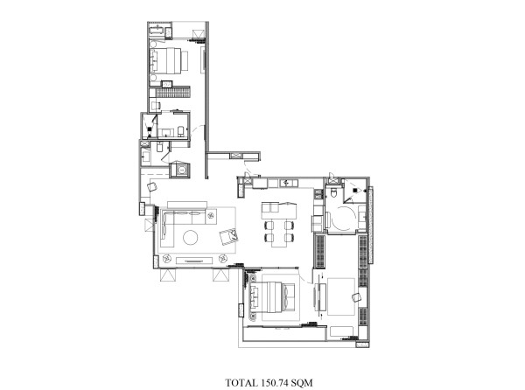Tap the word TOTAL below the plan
(241, 382)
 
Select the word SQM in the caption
(302, 382)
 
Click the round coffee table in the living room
(190, 238)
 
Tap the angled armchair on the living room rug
(228, 236)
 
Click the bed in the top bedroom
(168, 60)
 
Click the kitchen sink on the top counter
(288, 183)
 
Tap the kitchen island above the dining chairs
(279, 211)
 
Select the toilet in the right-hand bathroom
(333, 192)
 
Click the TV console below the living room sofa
(194, 261)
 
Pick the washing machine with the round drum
(181, 170)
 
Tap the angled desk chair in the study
(356, 297)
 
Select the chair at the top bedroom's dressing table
(156, 106)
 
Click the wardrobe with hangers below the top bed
(172, 93)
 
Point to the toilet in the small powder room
(160, 147)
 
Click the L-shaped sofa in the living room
(188, 223)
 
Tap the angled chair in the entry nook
(152, 186)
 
